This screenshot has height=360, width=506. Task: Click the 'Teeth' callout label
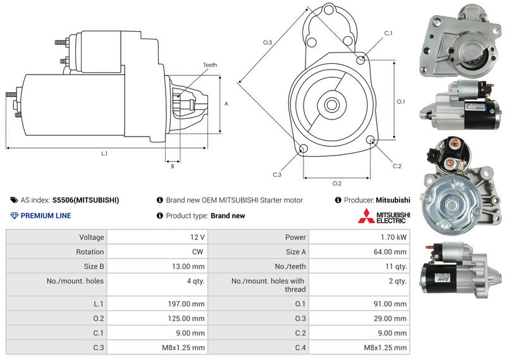click(x=210, y=65)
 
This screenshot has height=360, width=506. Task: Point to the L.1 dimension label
click(x=104, y=154)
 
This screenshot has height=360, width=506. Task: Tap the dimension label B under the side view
click(x=173, y=166)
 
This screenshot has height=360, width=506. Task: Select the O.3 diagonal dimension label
click(x=268, y=42)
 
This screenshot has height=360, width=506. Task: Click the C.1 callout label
click(x=388, y=34)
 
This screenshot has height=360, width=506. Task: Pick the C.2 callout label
click(x=397, y=166)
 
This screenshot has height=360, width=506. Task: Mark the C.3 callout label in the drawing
click(x=277, y=175)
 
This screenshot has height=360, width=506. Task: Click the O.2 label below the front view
click(x=337, y=183)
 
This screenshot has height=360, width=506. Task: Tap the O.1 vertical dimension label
click(x=400, y=101)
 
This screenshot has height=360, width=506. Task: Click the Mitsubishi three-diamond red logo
click(x=366, y=216)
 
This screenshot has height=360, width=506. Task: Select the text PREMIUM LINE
click(x=46, y=216)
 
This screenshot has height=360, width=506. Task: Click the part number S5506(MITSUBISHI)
click(x=85, y=200)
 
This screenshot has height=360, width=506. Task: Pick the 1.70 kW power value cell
click(x=393, y=237)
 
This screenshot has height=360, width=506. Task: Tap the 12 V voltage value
click(x=197, y=237)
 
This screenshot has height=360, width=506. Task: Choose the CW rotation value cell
click(x=197, y=252)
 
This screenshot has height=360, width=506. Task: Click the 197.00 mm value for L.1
click(x=186, y=304)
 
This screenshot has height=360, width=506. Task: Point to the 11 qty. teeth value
click(x=396, y=266)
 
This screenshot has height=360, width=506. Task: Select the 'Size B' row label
click(x=94, y=266)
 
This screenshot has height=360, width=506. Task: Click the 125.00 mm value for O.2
click(x=186, y=318)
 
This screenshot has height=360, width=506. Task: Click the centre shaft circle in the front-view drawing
click(x=331, y=104)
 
